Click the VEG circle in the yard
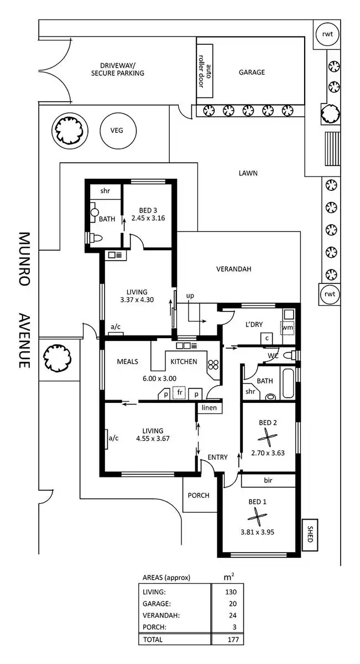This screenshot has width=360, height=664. click(116, 131)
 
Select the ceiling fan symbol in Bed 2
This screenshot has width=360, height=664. click(268, 439)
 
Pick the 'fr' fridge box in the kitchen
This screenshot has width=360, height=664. click(178, 393)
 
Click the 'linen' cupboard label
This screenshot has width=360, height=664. click(209, 408)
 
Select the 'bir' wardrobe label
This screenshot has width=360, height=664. click(268, 480)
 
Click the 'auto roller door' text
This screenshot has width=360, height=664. click(205, 72)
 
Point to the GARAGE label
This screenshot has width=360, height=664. click(252, 72)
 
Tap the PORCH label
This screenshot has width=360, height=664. click(199, 495)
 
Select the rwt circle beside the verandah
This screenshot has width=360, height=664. click(330, 294)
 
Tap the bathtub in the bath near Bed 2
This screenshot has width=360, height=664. click(289, 383)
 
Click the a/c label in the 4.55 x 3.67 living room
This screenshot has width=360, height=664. click(114, 438)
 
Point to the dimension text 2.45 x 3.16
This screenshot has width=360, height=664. click(148, 217)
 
